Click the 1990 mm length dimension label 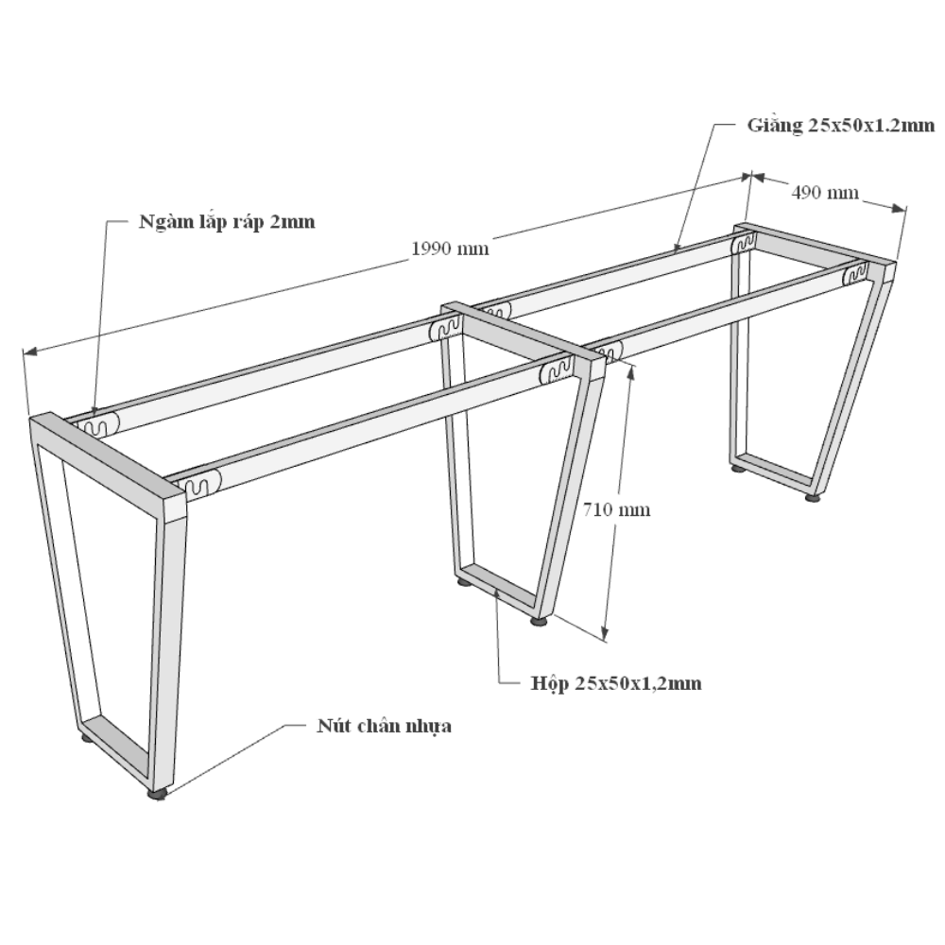click(x=450, y=249)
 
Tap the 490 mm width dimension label click(x=824, y=192)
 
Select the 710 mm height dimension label click(x=616, y=510)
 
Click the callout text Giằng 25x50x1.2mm click(x=841, y=126)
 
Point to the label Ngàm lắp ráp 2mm click(x=227, y=222)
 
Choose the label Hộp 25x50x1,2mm click(x=616, y=683)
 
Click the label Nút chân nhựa click(x=384, y=726)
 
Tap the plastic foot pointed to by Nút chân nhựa click(x=158, y=795)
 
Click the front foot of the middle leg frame click(x=540, y=621)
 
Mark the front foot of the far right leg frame click(x=813, y=498)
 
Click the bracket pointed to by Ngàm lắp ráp click(x=97, y=424)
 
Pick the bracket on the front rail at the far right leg click(x=856, y=275)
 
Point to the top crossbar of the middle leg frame click(x=524, y=338)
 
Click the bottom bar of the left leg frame click(x=114, y=742)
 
